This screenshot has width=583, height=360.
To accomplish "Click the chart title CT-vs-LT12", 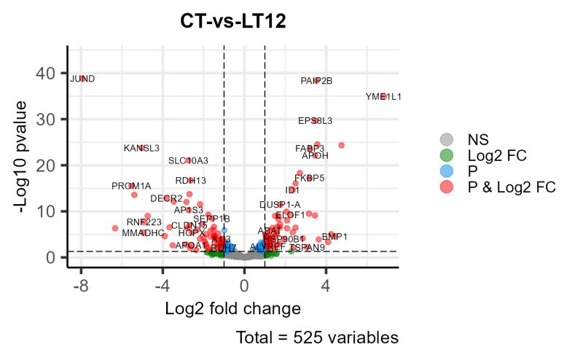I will pyautogui.click(x=233, y=22).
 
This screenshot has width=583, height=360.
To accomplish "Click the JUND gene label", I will pyautogui.click(x=82, y=79).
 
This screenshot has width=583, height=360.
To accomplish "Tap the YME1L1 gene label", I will pyautogui.click(x=383, y=96).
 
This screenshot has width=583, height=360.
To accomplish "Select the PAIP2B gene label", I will pyautogui.click(x=316, y=81).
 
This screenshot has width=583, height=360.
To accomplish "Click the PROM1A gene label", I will pyautogui.click(x=131, y=187).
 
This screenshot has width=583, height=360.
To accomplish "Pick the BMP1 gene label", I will pyautogui.click(x=335, y=237).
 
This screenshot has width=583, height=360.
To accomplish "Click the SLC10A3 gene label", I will pyautogui.click(x=188, y=160).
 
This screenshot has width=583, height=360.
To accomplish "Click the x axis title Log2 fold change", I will pyautogui.click(x=233, y=308).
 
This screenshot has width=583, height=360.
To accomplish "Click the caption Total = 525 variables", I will pyautogui.click(x=317, y=338).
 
